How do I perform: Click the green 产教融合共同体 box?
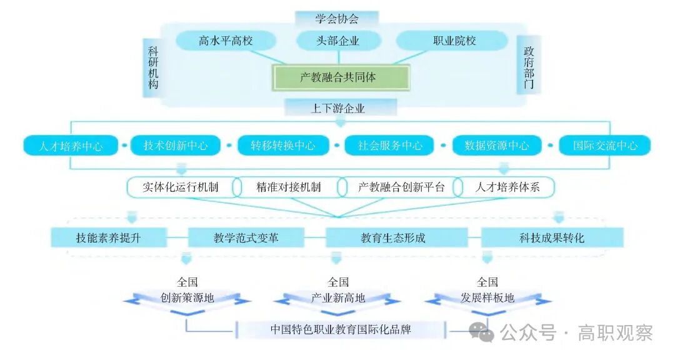coord(340,77)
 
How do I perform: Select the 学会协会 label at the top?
coord(337,19)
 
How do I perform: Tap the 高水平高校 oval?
coord(226,41)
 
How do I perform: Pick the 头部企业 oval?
coord(338,41)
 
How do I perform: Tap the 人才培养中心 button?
coord(71,146)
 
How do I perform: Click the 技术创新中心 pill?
coord(176,146)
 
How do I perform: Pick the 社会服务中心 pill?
coord(391,146)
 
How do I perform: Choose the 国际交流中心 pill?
coord(605,146)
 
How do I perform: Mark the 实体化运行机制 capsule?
coord(181,187)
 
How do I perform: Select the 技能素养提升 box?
coord(109,237)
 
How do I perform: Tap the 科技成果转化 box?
coord(552,237)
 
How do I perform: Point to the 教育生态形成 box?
coord(393,237)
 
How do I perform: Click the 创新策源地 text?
coord(187,298)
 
